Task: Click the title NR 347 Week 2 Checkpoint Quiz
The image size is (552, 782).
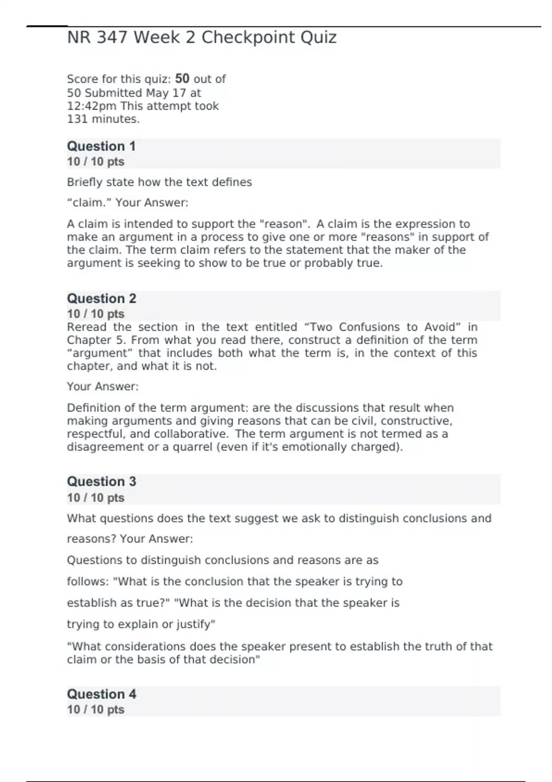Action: (x=201, y=37)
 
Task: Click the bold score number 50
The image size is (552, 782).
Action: (x=182, y=78)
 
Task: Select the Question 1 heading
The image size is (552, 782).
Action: (x=101, y=146)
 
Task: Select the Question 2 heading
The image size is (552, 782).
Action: (x=102, y=299)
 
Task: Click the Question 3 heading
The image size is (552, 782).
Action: (x=102, y=482)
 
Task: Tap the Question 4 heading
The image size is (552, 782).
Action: (x=102, y=694)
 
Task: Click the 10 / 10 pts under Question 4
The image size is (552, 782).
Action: (x=96, y=709)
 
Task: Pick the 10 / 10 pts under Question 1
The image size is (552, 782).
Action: (x=96, y=161)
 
